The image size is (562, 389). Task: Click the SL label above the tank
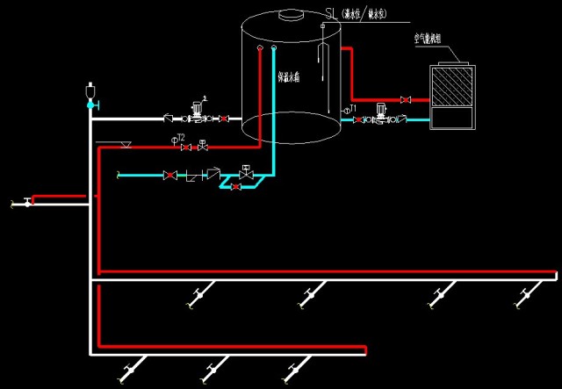(331, 12)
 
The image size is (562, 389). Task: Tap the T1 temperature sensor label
(350, 108)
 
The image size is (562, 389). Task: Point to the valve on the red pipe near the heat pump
(405, 99)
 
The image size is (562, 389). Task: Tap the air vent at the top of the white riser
(90, 91)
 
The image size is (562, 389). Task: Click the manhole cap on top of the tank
(290, 14)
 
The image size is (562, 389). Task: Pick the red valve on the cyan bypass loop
(235, 187)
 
